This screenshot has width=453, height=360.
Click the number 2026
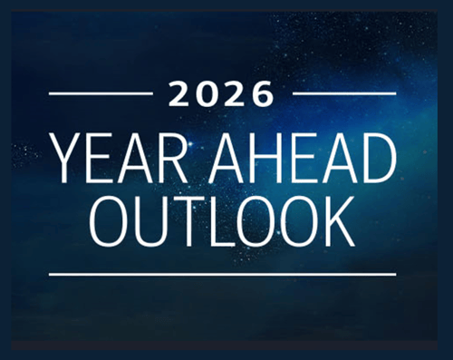click(x=222, y=93)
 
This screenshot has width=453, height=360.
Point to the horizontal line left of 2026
click(x=101, y=92)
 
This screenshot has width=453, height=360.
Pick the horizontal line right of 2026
click(x=344, y=92)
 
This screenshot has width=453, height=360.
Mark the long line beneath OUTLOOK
click(x=222, y=273)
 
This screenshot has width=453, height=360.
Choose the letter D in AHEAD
click(x=379, y=158)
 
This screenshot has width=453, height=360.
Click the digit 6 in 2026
click(x=262, y=93)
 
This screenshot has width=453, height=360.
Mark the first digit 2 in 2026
click(x=182, y=93)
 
